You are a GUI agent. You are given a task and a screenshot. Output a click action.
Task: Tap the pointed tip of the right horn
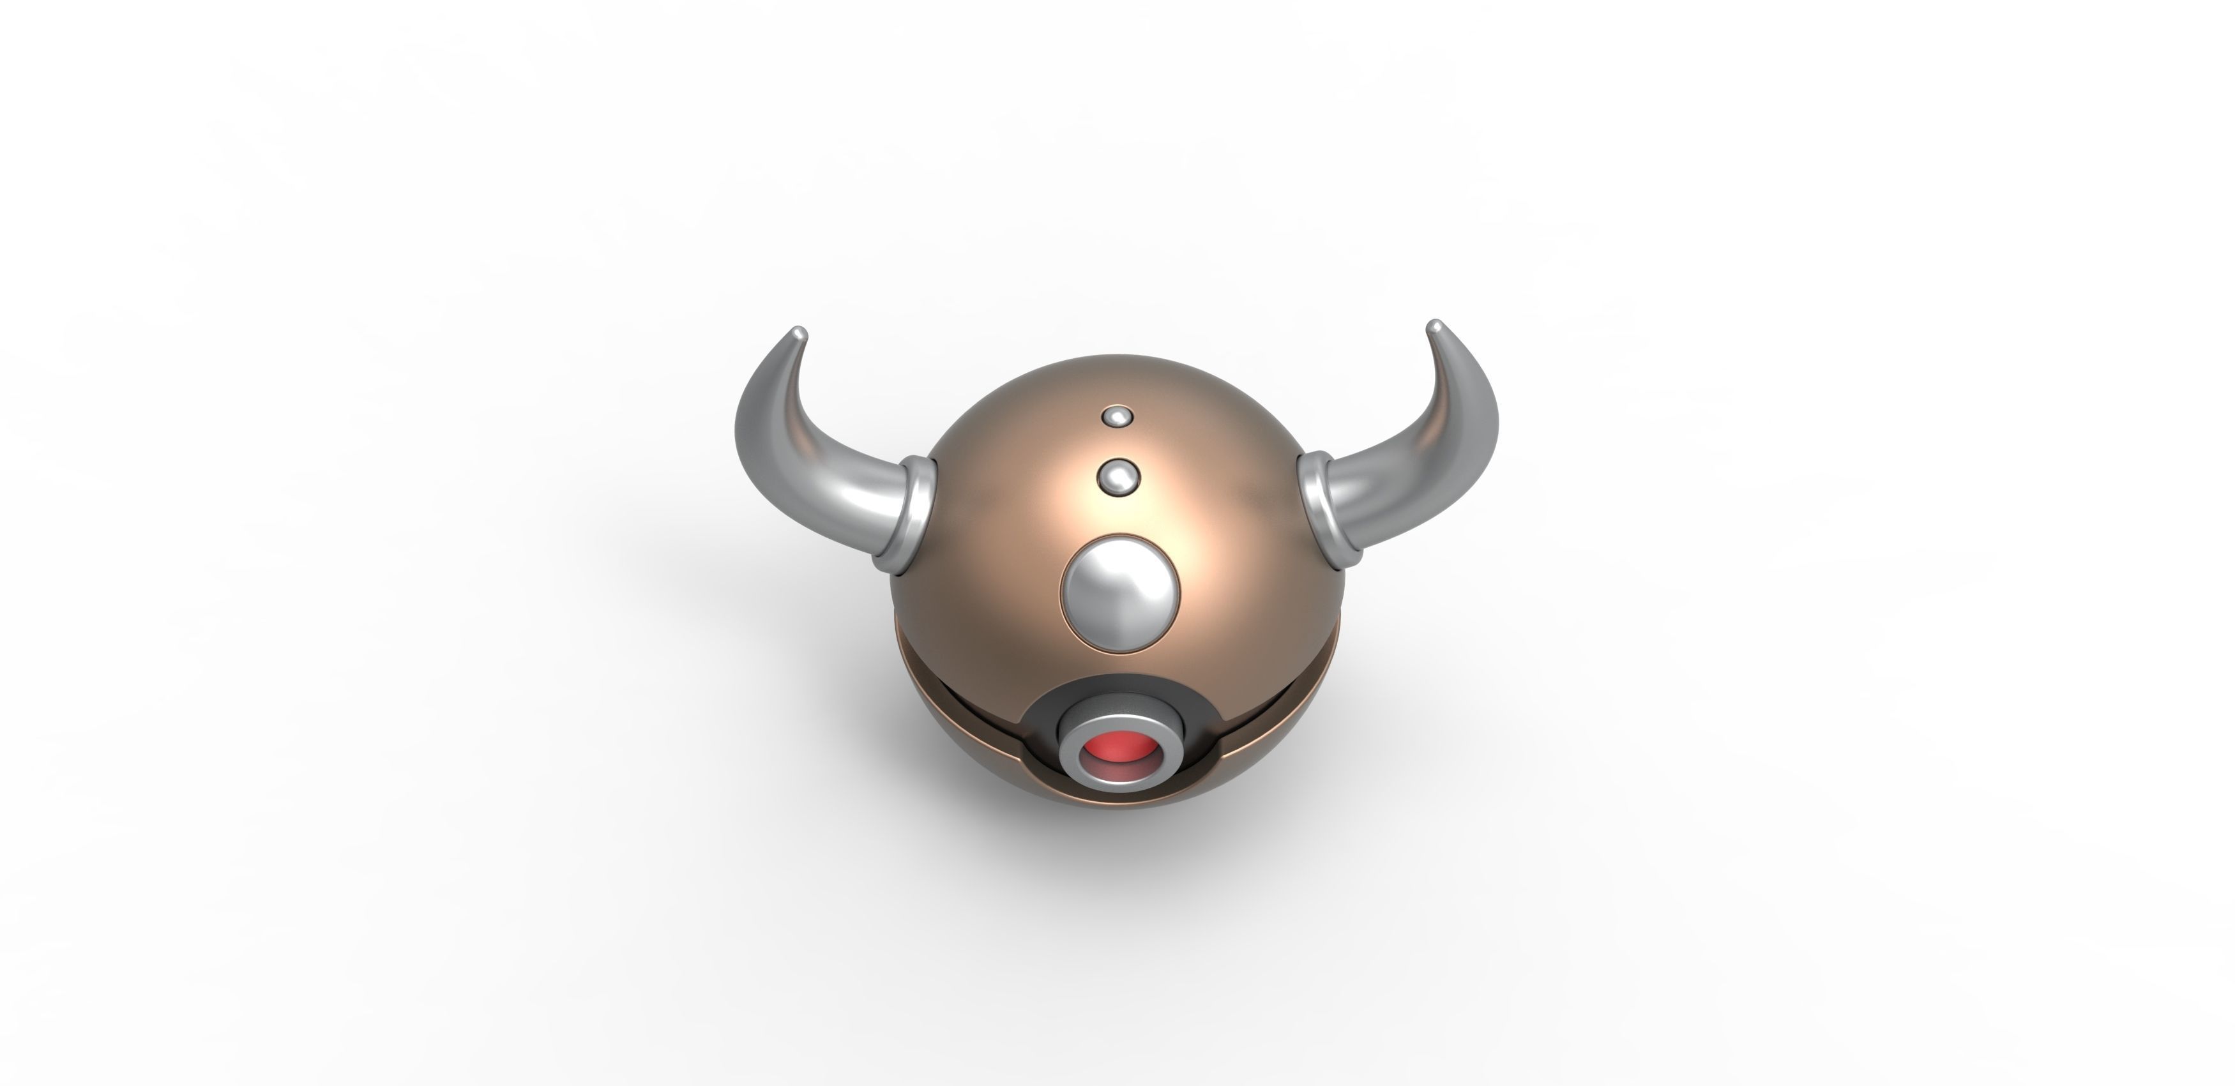(x=1434, y=327)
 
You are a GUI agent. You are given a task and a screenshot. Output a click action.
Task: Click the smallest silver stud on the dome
(x=1117, y=416)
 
